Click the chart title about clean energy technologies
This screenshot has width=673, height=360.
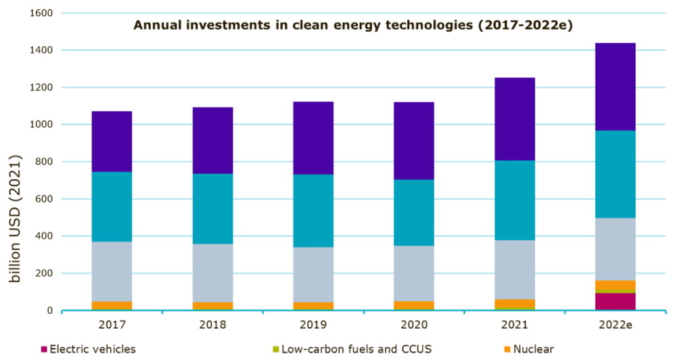(354, 26)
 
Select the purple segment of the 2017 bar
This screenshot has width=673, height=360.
(112, 141)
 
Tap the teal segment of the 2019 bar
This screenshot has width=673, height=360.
(313, 210)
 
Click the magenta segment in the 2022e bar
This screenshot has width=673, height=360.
(616, 301)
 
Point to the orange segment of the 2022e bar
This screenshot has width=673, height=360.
(616, 285)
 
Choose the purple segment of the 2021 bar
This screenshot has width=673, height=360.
(515, 119)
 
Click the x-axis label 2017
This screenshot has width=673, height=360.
(112, 325)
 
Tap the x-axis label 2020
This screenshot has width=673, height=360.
(414, 325)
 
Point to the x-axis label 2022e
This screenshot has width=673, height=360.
(616, 325)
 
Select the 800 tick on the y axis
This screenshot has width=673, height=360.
(44, 162)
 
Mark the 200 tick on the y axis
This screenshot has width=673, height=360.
(44, 273)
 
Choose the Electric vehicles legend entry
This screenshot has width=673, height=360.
(92, 349)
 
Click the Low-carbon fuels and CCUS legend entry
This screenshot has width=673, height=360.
(354, 349)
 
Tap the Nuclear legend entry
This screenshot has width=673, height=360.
(532, 349)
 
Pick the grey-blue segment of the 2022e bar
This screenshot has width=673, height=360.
(616, 249)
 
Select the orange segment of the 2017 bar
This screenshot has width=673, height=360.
(112, 305)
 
